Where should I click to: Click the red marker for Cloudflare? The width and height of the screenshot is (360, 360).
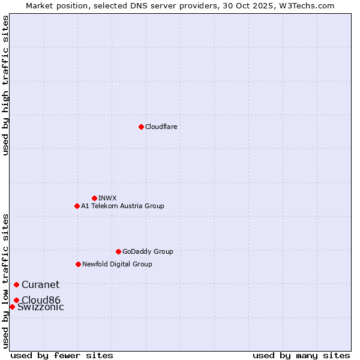click(141, 127)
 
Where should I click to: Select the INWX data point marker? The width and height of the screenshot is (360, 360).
click(94, 198)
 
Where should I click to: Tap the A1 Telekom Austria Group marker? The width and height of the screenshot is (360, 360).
click(77, 206)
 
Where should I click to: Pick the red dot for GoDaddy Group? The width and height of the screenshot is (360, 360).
click(118, 251)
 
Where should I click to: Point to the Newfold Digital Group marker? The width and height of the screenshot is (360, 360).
click(78, 264)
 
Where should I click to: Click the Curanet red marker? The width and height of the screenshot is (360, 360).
click(16, 284)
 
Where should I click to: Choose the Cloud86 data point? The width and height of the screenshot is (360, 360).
click(16, 300)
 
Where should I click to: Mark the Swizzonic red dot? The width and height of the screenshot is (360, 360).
click(12, 307)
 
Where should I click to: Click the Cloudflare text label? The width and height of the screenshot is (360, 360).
click(161, 127)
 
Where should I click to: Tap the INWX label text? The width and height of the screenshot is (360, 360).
click(107, 198)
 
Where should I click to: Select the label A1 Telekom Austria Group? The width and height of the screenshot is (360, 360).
click(122, 206)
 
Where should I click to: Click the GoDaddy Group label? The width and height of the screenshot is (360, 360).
click(148, 251)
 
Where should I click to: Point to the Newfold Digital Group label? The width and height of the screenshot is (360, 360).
click(117, 264)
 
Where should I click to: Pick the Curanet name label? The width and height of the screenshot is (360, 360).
click(40, 285)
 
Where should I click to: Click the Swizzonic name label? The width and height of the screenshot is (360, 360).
click(40, 307)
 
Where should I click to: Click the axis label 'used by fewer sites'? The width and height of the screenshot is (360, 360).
click(62, 355)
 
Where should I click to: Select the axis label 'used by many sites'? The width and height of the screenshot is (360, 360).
click(301, 355)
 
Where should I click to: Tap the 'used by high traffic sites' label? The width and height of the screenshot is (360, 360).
click(5, 85)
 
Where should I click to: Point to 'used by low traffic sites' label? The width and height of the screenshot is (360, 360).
click(5, 280)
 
